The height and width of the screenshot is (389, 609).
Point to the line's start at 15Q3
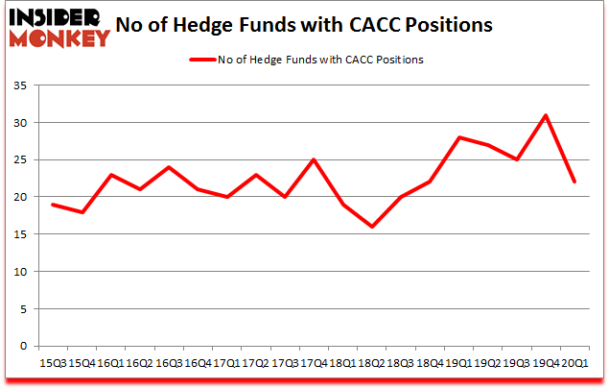[x=52, y=205]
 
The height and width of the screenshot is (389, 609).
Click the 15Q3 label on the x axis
[x=52, y=362]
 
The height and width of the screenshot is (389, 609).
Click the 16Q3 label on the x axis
[x=168, y=362]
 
